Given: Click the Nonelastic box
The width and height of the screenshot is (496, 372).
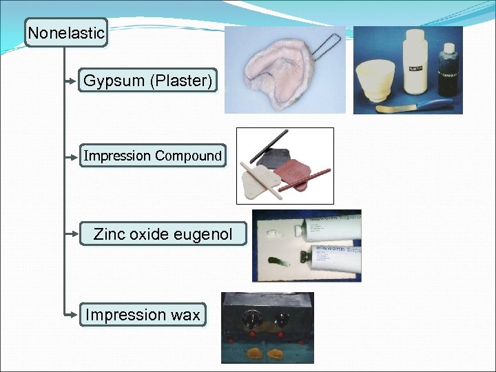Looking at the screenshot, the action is point(66,32).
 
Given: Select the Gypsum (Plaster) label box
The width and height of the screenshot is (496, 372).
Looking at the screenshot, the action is point(147,81).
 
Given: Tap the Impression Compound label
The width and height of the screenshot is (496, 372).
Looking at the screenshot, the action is point(152,156).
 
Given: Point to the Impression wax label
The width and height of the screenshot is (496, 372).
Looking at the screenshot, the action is point(143,315).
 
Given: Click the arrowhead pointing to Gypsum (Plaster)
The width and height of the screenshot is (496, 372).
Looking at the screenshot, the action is point(76,81).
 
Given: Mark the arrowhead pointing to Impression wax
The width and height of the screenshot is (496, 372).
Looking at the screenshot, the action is point(76,315).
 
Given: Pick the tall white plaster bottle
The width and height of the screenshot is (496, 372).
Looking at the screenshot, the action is point(415,62).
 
